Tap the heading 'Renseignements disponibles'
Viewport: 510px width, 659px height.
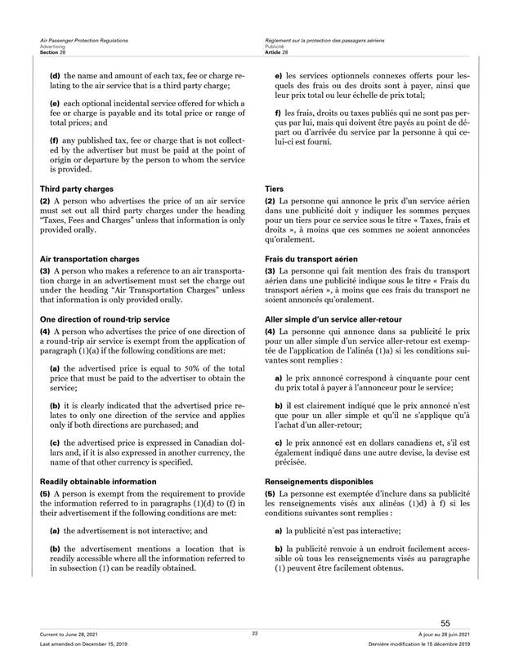tap(319, 482)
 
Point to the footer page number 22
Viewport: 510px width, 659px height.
tap(255, 634)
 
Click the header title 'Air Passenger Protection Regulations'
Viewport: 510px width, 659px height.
tap(83, 40)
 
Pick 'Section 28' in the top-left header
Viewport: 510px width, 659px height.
tap(51, 52)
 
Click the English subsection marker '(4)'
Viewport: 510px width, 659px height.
tap(46, 332)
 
